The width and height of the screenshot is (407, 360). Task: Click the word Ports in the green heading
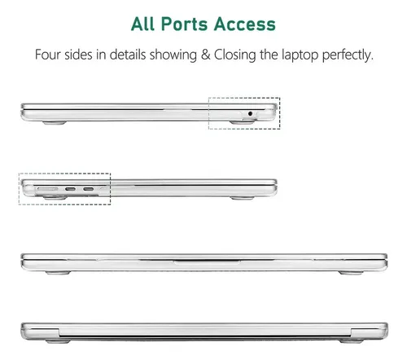[185, 24]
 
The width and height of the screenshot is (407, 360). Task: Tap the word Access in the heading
[244, 24]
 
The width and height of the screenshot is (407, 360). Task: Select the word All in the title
[143, 24]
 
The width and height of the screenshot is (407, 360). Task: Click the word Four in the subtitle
[47, 55]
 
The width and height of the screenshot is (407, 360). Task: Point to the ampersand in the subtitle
[206, 55]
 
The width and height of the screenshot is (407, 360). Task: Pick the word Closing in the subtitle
[235, 55]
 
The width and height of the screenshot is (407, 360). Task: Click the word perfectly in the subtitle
[348, 55]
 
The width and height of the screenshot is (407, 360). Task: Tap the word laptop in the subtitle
[300, 55]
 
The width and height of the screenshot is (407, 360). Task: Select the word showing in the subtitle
[173, 55]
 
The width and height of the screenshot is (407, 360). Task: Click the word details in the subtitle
[128, 55]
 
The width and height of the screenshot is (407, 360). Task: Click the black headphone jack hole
[250, 113]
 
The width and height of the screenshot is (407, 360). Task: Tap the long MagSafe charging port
[48, 189]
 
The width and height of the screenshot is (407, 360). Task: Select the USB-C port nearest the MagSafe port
[70, 189]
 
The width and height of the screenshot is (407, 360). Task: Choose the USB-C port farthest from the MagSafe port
[89, 189]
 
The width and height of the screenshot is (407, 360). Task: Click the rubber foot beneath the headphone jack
[241, 123]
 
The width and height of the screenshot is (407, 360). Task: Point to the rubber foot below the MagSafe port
[55, 198]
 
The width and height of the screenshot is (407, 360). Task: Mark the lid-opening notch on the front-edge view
[207, 262]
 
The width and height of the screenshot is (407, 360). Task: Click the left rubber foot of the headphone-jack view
[55, 123]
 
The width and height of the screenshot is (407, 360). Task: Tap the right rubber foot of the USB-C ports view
[242, 198]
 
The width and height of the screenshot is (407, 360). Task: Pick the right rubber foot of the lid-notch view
[350, 273]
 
